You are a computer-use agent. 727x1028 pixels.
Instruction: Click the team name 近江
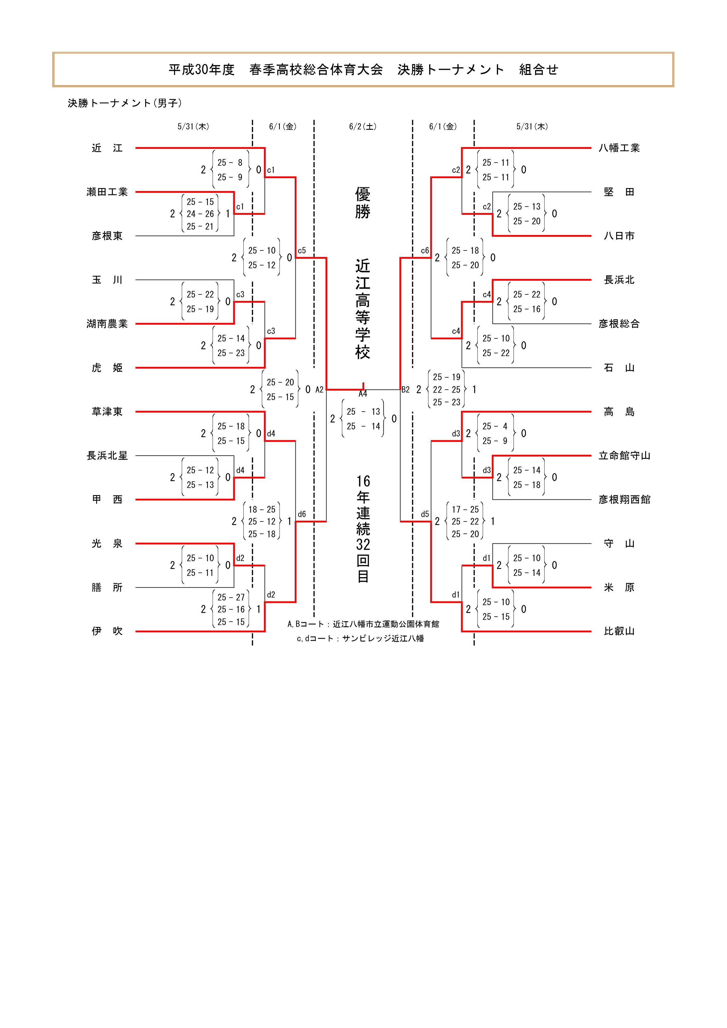click(107, 148)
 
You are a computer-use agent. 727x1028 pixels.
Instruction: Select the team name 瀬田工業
click(107, 192)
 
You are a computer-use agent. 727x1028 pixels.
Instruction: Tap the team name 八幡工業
click(619, 148)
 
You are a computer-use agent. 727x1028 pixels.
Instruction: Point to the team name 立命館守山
click(624, 456)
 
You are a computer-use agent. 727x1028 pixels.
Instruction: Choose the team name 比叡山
click(619, 631)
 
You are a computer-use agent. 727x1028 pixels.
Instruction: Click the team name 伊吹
click(107, 631)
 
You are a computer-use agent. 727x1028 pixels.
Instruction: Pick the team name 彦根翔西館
click(624, 500)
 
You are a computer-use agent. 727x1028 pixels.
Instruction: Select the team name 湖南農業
click(107, 324)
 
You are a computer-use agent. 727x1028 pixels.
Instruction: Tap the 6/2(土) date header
click(363, 127)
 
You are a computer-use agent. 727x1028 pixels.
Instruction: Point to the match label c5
click(302, 251)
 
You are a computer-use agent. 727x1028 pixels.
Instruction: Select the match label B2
click(405, 390)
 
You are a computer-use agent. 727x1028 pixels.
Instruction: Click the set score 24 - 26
click(200, 214)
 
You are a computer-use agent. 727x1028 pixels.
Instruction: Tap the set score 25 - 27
click(231, 597)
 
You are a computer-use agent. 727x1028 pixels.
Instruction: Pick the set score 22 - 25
click(446, 390)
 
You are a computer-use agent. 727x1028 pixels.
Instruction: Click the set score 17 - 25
click(465, 509)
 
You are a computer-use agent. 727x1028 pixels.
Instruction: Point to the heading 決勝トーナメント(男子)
click(125, 103)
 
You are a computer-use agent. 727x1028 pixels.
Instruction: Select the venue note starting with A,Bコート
click(363, 624)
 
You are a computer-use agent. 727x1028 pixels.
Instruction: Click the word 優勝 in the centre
click(363, 203)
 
